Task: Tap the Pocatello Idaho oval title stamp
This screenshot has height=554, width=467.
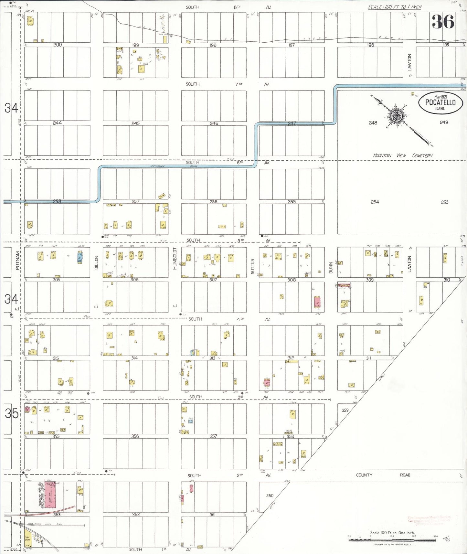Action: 440,102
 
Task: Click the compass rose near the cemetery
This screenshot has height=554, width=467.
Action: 396,116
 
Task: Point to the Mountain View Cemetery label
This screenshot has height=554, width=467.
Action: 403,155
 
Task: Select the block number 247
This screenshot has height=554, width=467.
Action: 292,123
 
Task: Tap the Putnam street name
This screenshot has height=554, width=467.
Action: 18,260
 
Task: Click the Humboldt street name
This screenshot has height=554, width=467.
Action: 175,258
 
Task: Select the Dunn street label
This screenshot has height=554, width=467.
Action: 331,267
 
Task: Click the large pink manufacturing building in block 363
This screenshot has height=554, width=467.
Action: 49,496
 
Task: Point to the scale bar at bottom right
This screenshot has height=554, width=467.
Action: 392,539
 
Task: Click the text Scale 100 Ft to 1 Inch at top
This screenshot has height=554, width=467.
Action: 395,7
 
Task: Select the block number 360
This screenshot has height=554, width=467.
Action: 270,495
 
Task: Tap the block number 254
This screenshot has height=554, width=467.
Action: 375,202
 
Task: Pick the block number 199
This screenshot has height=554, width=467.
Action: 135,45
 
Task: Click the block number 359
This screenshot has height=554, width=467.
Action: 345,410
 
